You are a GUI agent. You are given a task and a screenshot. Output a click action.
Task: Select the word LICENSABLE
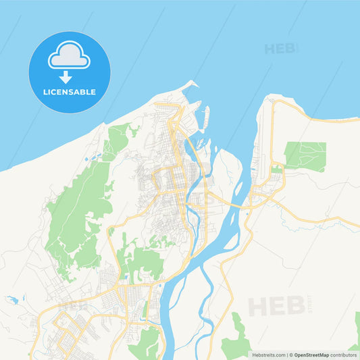click(69, 92)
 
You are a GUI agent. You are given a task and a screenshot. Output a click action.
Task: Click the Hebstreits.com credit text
click(269, 355)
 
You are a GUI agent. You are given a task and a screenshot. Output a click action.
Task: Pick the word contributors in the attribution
click(344, 355)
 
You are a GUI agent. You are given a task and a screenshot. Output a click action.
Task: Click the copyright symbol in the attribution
click(291, 355)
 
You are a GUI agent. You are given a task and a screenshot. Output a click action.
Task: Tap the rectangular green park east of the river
click(305, 155)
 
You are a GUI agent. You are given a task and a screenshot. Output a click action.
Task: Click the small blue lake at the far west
click(12, 299)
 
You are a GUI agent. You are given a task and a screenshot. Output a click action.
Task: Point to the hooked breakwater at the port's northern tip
click(190, 85)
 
